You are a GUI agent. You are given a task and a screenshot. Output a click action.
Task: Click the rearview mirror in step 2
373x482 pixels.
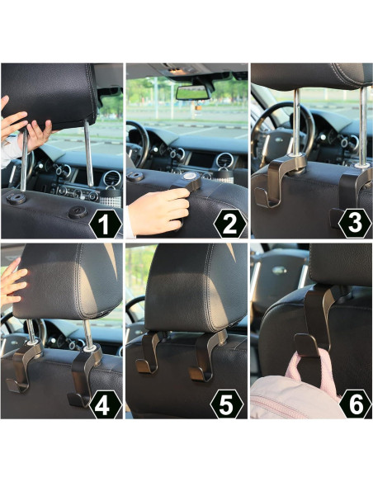(x=194, y=91)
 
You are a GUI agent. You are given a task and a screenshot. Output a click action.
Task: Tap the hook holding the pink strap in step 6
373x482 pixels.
(x=314, y=330)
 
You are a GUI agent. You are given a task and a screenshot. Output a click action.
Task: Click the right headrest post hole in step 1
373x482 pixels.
(x=77, y=212)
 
